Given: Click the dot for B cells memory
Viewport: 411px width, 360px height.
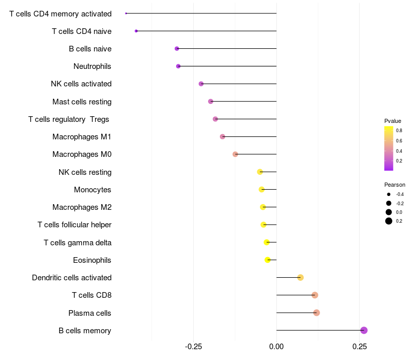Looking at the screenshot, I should tap(364, 330).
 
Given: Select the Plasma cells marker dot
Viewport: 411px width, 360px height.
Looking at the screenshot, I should tap(316, 313).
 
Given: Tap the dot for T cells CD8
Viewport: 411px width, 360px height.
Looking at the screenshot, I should tap(315, 295).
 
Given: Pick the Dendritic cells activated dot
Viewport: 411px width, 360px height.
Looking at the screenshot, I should tap(301, 278).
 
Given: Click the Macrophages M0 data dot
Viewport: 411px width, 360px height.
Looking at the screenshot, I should tap(235, 154).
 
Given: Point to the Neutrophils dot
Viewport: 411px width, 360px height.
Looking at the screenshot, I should tap(178, 66).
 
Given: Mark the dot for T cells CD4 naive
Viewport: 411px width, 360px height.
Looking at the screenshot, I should tap(136, 31).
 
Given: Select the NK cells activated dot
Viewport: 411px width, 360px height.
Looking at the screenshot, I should tap(201, 84).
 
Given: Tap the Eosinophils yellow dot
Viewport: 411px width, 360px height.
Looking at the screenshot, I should tap(268, 260).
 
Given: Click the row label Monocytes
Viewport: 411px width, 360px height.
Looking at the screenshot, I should tap(92, 189).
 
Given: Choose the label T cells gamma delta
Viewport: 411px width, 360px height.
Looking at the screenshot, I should tap(78, 242).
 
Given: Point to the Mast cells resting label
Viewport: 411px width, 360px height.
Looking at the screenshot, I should tap(82, 101).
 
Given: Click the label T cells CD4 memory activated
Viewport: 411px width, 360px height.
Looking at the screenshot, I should tap(60, 13).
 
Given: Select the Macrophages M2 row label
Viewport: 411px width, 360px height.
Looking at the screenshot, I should tap(82, 207).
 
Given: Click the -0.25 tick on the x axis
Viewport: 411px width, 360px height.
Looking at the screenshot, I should tap(193, 347).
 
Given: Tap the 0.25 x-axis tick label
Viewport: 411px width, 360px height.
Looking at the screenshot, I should tap(360, 347).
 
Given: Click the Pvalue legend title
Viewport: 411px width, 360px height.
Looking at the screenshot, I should tap(393, 121).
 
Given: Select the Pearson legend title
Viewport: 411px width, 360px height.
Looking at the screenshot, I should tap(395, 185).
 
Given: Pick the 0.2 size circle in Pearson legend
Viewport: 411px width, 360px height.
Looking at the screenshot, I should tap(389, 221).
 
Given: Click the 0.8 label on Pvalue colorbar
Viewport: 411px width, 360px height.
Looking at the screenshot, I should tap(399, 131).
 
